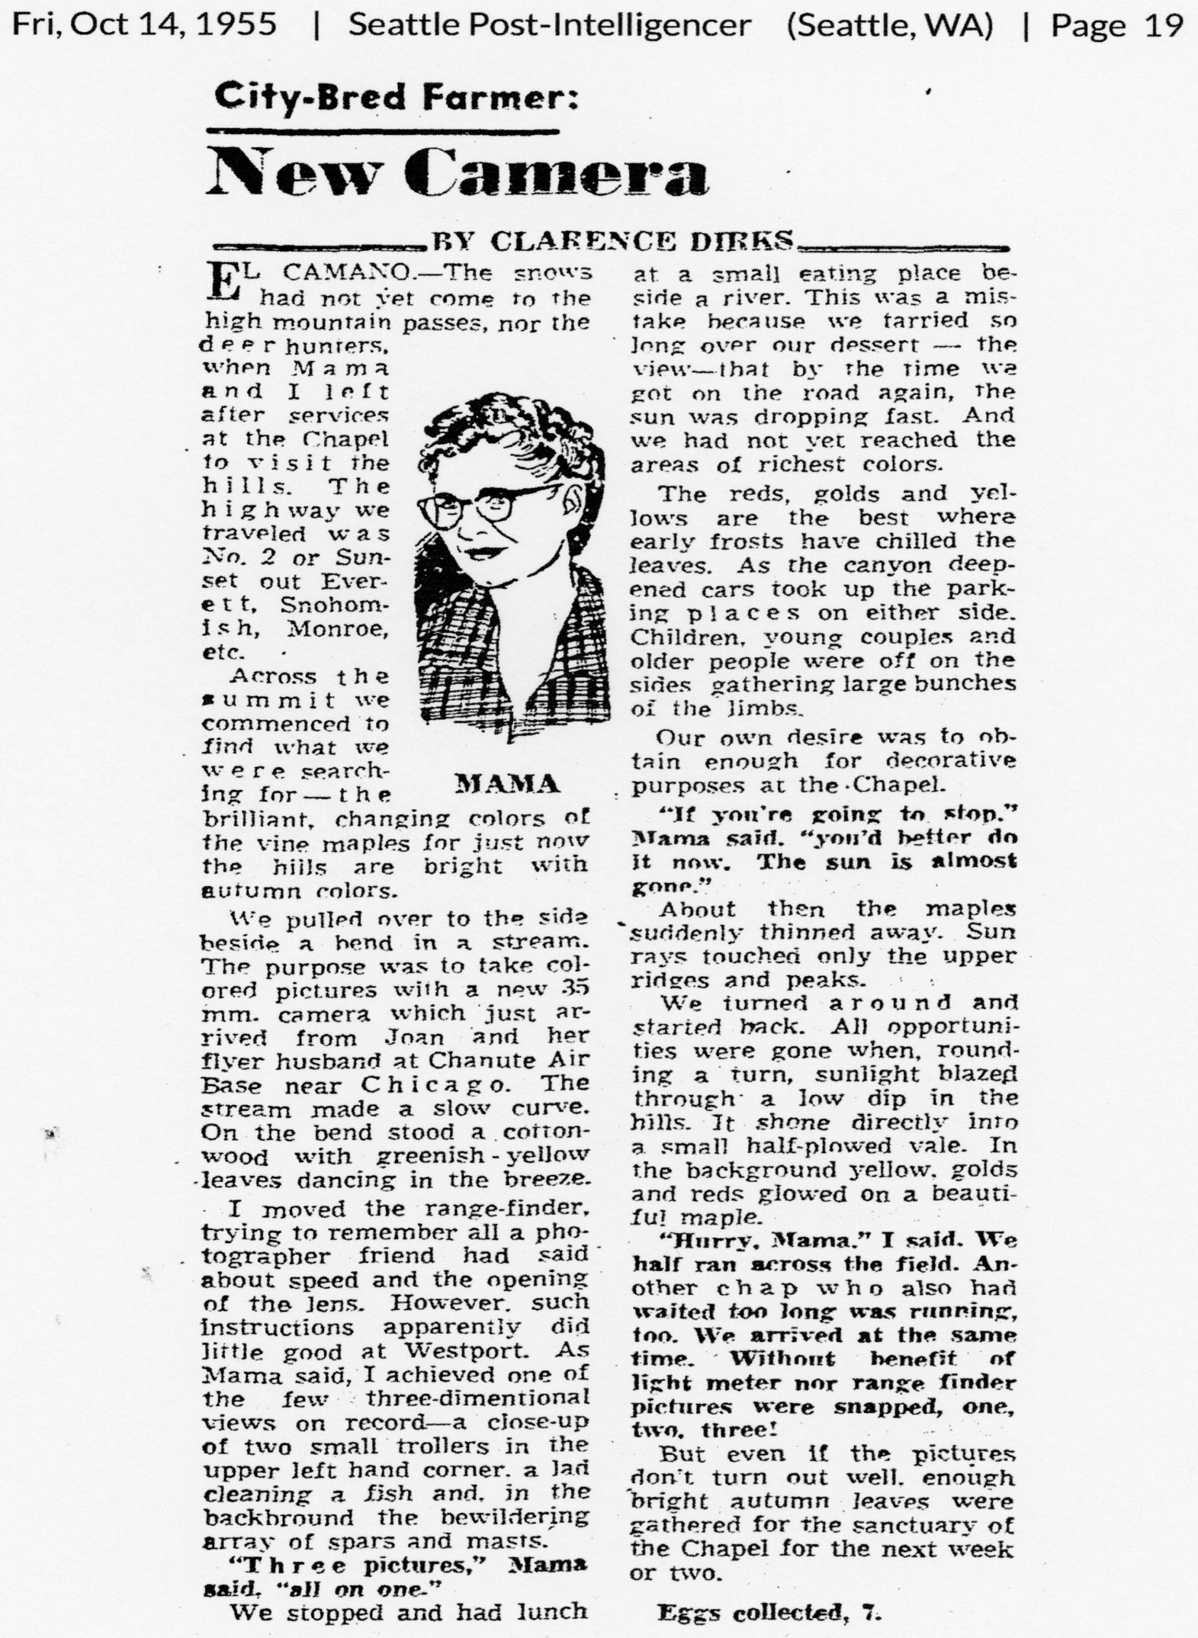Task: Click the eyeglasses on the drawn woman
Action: [488, 504]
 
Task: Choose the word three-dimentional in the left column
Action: [478, 1398]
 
